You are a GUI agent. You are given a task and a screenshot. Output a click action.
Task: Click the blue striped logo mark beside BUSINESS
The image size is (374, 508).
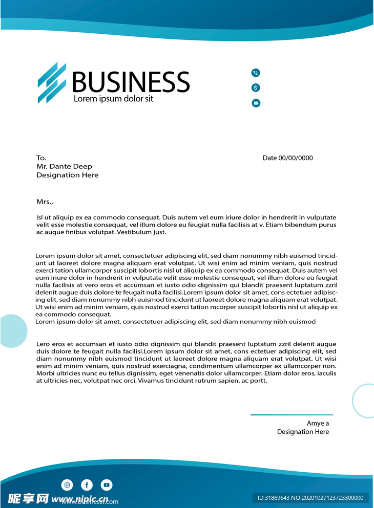52,83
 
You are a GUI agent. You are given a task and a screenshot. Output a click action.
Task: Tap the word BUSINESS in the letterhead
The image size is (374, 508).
131,82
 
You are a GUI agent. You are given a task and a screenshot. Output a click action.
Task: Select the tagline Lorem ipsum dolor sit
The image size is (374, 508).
113,99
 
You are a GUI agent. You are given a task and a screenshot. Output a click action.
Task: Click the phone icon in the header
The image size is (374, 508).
256,73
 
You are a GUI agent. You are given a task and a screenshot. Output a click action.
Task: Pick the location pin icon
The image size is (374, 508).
256,88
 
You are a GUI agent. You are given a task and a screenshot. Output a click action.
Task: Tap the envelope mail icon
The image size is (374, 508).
256,103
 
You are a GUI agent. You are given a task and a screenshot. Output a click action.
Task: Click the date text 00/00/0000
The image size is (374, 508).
295,158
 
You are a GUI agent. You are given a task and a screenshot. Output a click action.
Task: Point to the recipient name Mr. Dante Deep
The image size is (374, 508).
64,166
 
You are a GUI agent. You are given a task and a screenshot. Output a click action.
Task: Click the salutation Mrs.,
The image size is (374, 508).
45,202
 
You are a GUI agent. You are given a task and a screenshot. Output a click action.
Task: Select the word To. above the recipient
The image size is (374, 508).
41,158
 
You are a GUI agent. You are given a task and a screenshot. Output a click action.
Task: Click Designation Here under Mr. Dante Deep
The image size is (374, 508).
67,175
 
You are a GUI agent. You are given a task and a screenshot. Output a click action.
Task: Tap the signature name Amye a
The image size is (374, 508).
318,423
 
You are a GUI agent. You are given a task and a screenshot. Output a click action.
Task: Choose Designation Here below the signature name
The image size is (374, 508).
303,432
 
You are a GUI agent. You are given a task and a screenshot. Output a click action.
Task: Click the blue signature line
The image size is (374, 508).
292,414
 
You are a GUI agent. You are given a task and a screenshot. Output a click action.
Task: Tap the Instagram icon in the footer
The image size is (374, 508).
67,484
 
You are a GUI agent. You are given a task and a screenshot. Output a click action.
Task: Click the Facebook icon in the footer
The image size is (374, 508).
87,484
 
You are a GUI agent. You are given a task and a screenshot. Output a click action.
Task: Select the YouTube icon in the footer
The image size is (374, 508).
106,484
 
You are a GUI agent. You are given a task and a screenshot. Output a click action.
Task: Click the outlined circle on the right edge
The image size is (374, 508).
365,401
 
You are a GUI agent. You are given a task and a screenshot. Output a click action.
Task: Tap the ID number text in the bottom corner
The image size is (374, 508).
310,498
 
